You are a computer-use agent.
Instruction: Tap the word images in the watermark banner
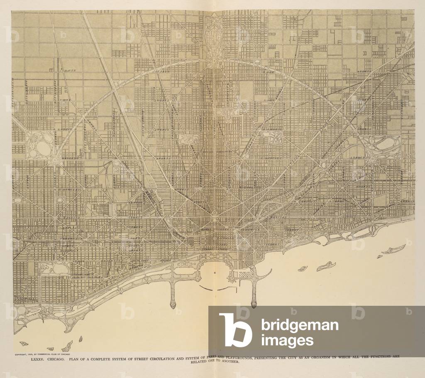click(x=287, y=341)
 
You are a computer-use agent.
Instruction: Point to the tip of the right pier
click(x=254, y=305)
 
